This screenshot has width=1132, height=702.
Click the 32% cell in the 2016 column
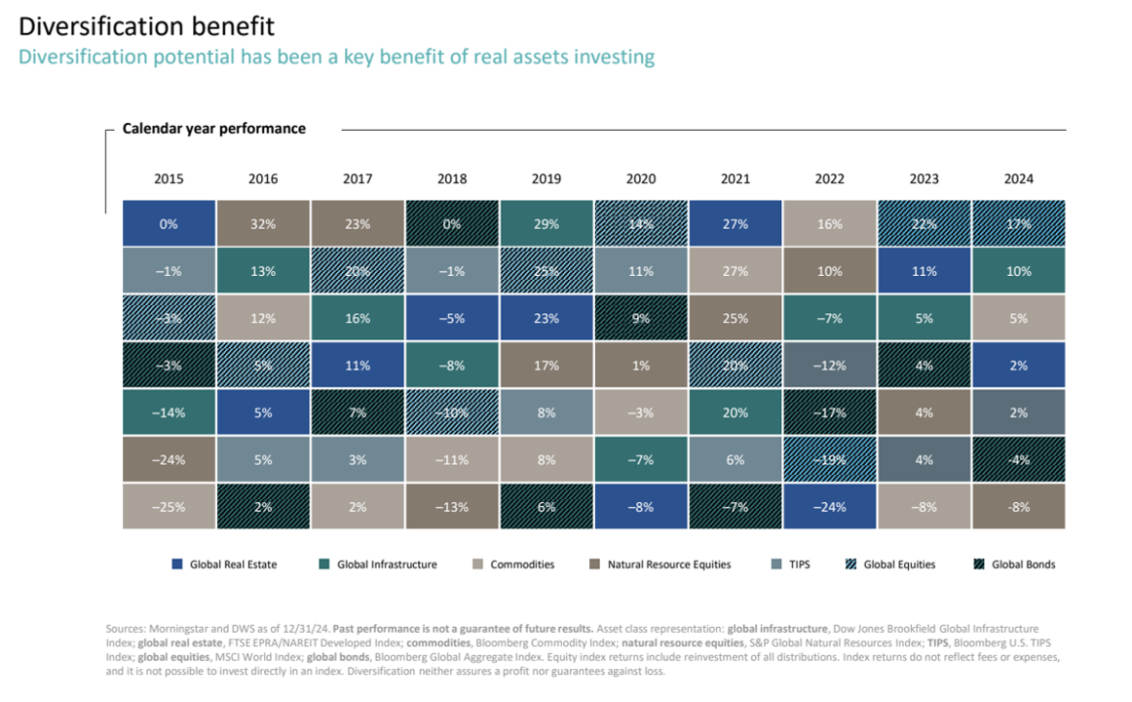pyautogui.click(x=263, y=223)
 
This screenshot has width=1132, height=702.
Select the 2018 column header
pyautogui.click(x=452, y=179)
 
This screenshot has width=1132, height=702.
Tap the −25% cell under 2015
pyautogui.click(x=169, y=507)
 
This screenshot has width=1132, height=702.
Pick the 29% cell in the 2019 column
pyautogui.click(x=547, y=223)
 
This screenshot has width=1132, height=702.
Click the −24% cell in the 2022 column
pyautogui.click(x=830, y=507)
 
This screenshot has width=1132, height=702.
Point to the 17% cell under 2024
pyautogui.click(x=1019, y=223)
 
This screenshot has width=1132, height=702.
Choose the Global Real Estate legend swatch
pyautogui.click(x=177, y=565)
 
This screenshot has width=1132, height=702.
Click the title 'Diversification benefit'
pyautogui.click(x=147, y=25)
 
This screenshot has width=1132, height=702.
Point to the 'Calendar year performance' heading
pyautogui.click(x=213, y=129)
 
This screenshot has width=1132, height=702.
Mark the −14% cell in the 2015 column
pyautogui.click(x=169, y=412)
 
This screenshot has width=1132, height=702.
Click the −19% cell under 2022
pyautogui.click(x=830, y=459)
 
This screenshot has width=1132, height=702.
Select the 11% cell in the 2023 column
pyautogui.click(x=924, y=271)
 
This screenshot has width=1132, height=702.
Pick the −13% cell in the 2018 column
pyautogui.click(x=452, y=507)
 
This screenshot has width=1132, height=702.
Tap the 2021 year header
pyautogui.click(x=736, y=179)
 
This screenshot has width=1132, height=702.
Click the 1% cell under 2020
pyautogui.click(x=641, y=366)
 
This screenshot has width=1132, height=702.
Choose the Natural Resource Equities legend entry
pyautogui.click(x=668, y=565)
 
